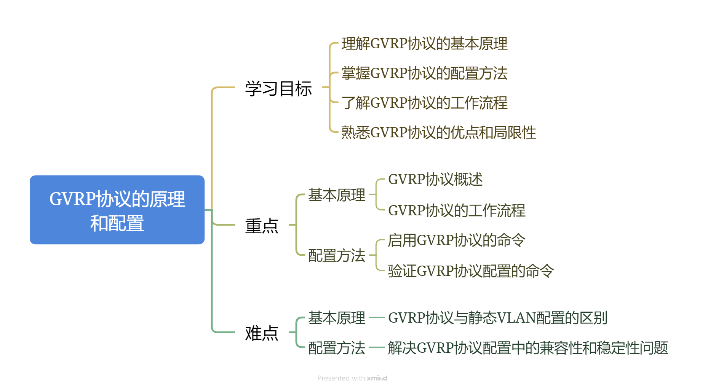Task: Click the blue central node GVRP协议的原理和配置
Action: [117, 210]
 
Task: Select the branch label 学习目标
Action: [278, 89]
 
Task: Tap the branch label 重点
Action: [262, 226]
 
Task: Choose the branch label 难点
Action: [262, 333]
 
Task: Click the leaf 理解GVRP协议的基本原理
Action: [424, 44]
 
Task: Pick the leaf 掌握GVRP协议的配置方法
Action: [424, 73]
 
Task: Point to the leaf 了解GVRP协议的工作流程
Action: [424, 103]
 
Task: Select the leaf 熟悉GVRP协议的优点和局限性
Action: [438, 132]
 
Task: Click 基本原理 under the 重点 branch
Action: [336, 195]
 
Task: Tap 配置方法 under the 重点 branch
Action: [336, 255]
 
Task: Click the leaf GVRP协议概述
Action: [435, 179]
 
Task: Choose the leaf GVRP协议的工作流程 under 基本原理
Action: [457, 210]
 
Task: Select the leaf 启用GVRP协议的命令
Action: [457, 240]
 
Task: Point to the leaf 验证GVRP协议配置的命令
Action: [471, 271]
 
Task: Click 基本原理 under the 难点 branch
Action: [336, 318]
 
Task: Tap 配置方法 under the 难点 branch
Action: [336, 348]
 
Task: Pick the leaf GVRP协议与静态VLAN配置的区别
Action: [497, 318]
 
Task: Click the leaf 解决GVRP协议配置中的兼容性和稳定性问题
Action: [528, 348]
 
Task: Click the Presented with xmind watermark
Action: [352, 378]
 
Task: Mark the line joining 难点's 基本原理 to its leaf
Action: [377, 317]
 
